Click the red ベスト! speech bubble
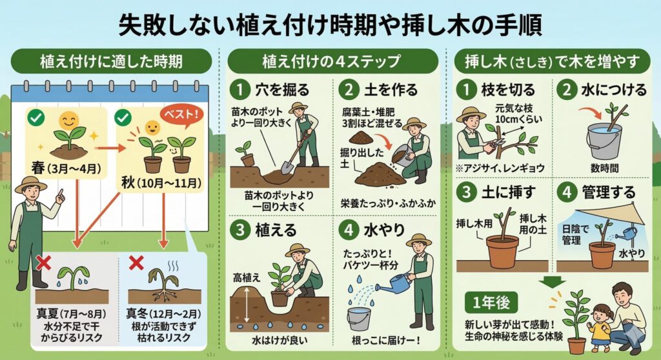181,114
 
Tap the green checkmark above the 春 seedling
36,117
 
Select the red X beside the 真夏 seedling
43,263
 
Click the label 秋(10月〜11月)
161,183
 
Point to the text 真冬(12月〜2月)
163,314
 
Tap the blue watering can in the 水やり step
392,282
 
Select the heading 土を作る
391,90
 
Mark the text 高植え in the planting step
247,277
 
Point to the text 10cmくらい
518,119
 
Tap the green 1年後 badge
491,303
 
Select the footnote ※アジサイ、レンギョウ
500,168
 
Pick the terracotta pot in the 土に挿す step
502,251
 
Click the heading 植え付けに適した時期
111,61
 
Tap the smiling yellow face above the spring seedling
68,121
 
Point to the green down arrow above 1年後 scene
553,282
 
